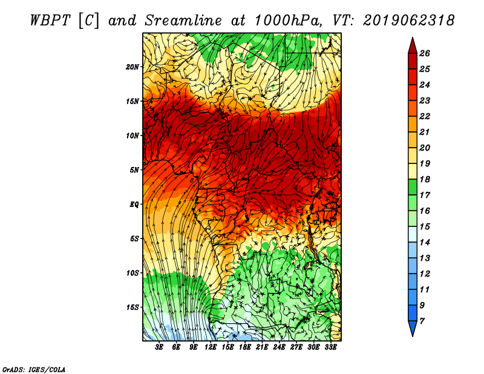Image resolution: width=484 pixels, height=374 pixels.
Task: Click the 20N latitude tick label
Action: (132, 67)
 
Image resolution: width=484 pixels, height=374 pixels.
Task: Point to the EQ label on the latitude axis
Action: (134, 205)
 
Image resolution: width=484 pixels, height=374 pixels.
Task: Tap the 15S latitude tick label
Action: (132, 307)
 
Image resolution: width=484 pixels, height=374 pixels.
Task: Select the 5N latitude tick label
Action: (134, 170)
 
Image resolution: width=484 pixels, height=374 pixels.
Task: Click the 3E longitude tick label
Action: (159, 347)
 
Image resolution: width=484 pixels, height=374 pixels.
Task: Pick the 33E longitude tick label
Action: (330, 347)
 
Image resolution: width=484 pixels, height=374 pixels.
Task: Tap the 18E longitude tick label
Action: (245, 347)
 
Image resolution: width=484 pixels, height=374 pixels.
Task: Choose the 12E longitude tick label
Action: (211, 347)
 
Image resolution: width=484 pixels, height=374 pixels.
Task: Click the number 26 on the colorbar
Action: (425, 53)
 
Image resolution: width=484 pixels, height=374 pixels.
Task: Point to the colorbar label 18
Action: (425, 179)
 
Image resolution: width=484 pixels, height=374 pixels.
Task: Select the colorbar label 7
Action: (422, 321)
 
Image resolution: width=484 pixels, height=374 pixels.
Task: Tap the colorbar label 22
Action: (425, 116)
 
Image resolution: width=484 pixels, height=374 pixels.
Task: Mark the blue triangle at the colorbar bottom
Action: (413, 327)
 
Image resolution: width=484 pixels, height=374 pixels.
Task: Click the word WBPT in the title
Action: (50, 21)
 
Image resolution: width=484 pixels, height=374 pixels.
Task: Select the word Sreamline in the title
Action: (183, 21)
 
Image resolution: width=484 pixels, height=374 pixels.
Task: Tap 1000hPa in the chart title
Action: (289, 21)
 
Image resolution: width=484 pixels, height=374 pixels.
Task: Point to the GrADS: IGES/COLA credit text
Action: (34, 370)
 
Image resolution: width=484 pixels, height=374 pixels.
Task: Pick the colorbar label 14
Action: (425, 243)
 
